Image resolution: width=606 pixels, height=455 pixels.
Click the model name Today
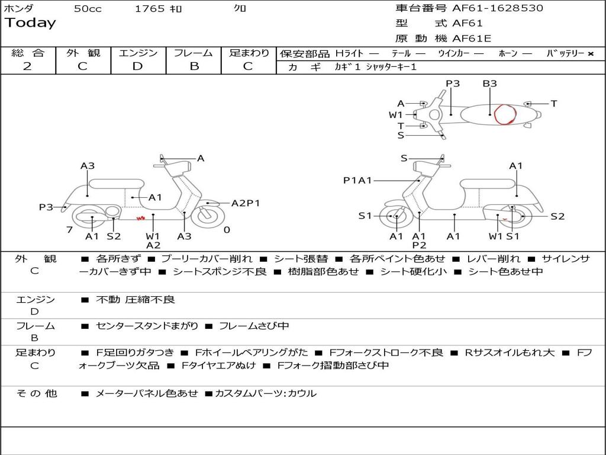coord(30,23)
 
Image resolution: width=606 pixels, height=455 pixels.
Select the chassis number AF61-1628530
coord(498,8)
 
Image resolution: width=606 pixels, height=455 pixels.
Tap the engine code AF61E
coord(472,39)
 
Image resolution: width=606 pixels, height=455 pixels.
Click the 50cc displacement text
coord(88,9)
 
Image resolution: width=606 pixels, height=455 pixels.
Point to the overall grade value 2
coord(27,66)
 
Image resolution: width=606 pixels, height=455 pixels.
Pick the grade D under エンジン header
coord(137,66)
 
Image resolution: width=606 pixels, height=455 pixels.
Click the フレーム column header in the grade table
coord(194,53)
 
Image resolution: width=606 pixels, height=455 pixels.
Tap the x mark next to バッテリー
coord(591,54)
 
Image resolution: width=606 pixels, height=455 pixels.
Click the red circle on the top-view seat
coord(505,114)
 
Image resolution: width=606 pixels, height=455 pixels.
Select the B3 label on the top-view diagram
coord(489,83)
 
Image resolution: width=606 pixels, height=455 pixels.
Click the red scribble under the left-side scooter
coord(141,219)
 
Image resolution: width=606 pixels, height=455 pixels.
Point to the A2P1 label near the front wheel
coord(246,203)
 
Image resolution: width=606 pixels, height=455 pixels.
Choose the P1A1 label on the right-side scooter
coord(357,180)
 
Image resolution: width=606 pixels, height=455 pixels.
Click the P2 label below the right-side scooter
coord(419,245)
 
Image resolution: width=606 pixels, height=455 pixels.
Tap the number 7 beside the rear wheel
coord(70,230)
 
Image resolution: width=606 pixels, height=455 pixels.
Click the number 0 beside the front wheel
coord(227,230)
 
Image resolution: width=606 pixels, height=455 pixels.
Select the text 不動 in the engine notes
coord(108,299)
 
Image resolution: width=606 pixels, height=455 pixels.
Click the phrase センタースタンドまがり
coord(147,326)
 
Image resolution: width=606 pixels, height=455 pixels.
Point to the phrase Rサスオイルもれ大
coord(510,353)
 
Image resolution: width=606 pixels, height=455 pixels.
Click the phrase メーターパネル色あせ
coord(147,393)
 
